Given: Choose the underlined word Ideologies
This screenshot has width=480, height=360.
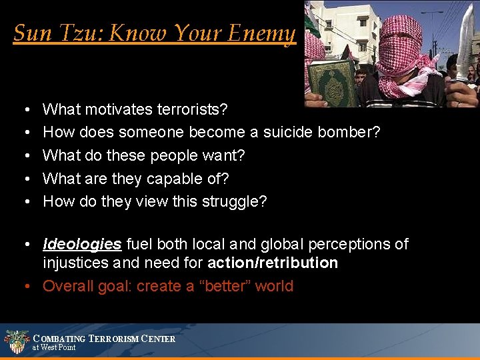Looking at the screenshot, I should [x=82, y=244].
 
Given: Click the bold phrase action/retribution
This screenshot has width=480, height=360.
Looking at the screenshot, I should [x=273, y=263].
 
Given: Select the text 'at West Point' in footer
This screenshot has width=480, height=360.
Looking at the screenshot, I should [x=54, y=347].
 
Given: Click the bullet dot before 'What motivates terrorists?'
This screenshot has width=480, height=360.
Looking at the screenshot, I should [x=25, y=109].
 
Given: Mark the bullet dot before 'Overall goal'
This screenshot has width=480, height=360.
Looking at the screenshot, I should [x=25, y=286].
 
